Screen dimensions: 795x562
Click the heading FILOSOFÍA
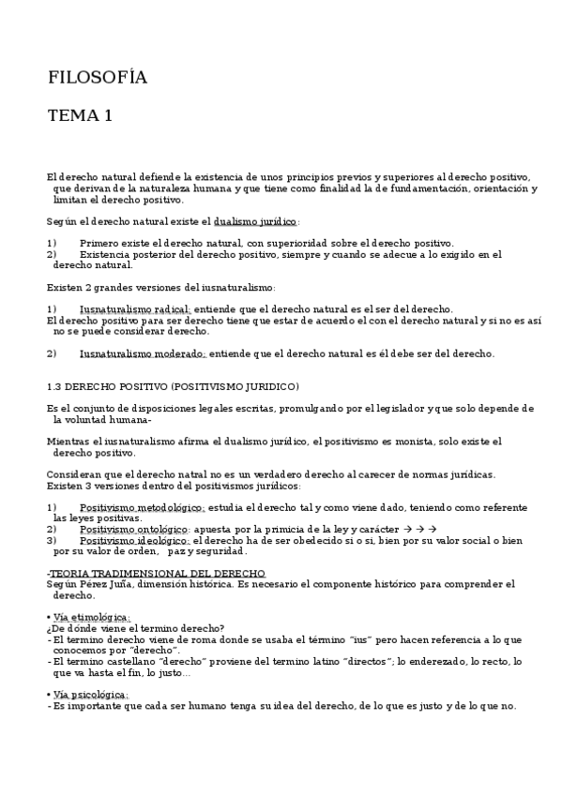[98, 78]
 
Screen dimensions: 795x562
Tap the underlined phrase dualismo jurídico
[255, 222]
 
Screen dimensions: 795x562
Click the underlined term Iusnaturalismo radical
[135, 309]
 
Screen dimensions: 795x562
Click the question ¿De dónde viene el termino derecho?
[136, 628]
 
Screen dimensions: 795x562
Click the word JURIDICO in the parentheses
[266, 386]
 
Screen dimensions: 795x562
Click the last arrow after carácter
[433, 529]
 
